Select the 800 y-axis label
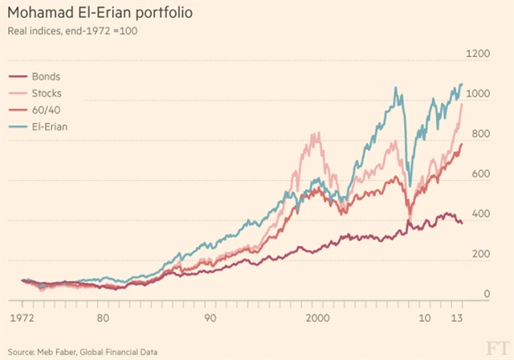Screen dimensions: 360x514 (479, 133)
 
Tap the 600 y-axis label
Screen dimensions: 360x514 (479, 174)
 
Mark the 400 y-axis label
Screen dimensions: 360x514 (479, 214)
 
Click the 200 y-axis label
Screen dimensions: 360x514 (479, 254)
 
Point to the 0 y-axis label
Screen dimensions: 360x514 (485, 294)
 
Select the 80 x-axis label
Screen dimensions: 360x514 (102, 317)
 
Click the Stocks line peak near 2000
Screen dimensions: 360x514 (316, 133)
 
